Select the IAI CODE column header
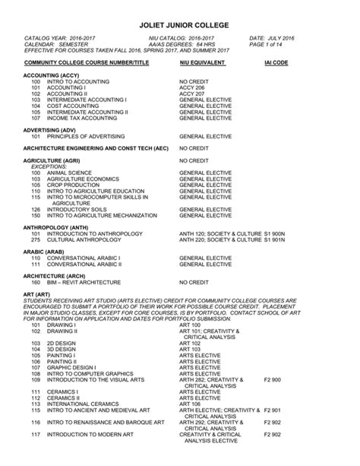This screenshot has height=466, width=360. (x=276, y=62)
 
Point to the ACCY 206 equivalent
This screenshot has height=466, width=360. (x=192, y=87)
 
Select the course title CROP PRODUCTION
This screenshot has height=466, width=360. (x=73, y=185)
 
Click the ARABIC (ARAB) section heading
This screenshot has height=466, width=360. (x=44, y=252)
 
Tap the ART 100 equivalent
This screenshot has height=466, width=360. (x=190, y=325)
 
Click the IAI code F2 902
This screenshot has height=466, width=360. (x=272, y=434)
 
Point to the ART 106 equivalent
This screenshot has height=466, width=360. (x=190, y=404)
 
